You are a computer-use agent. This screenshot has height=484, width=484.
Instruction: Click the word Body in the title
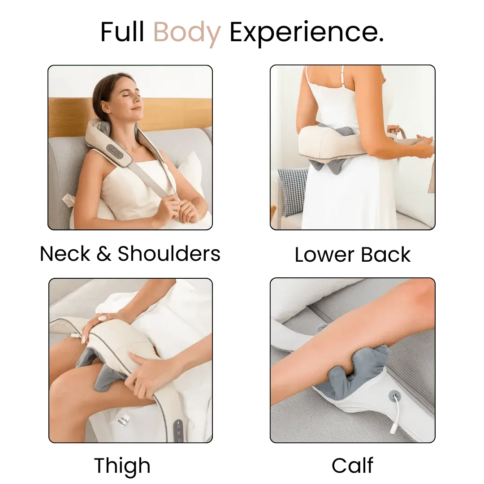tap(187, 33)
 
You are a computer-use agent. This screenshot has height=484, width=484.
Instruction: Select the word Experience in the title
tap(306, 33)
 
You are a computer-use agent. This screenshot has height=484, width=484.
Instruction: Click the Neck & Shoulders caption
tap(130, 254)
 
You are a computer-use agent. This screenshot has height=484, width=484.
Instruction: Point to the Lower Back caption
tap(353, 254)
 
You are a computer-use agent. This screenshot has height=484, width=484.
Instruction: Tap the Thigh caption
tap(122, 465)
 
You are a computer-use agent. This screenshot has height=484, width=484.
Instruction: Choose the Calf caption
tap(353, 465)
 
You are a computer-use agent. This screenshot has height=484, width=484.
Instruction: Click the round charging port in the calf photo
tap(395, 395)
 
